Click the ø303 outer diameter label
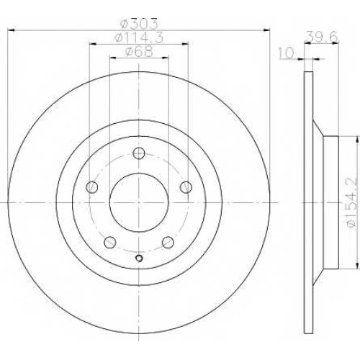[140, 24]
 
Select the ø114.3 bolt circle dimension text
[139, 37]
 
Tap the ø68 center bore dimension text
[139, 51]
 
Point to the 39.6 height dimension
[322, 37]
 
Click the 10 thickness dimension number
[287, 53]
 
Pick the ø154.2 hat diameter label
[352, 202]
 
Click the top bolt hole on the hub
[139, 153]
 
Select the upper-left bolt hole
[91, 187]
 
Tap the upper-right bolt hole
[186, 187]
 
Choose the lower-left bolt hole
[110, 243]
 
